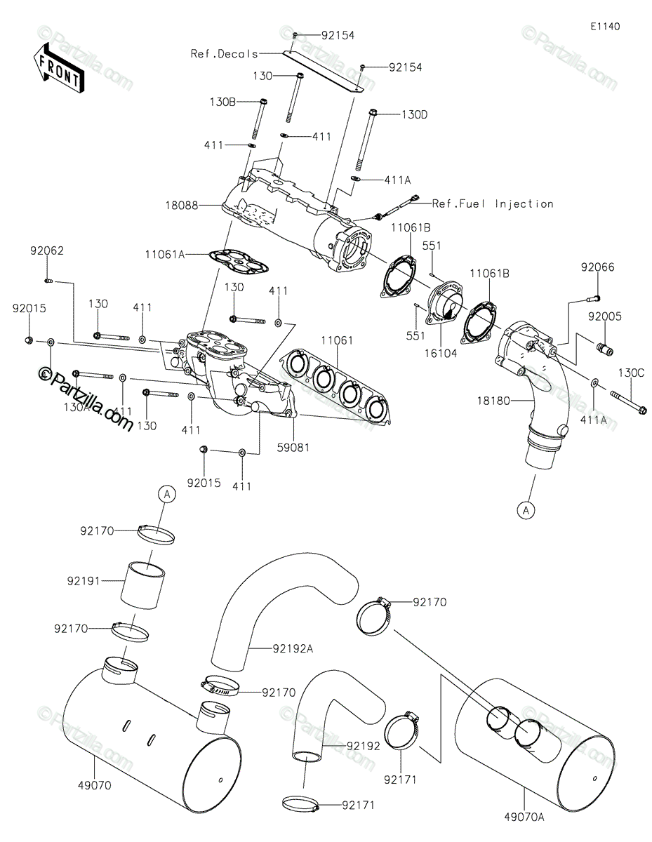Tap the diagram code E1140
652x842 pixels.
605,27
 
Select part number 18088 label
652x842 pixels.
182,206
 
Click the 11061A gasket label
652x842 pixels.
165,255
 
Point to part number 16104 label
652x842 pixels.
441,353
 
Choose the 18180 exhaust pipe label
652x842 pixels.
493,401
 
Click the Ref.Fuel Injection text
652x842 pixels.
493,203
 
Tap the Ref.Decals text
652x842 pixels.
225,53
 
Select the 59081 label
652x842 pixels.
293,448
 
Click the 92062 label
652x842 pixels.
47,250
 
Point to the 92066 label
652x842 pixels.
597,267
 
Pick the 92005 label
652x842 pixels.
605,316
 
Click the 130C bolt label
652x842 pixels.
631,373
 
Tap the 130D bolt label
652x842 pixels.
415,114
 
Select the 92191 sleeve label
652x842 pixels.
84,592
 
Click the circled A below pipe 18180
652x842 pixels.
526,510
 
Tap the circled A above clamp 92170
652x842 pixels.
167,494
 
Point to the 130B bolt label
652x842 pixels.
222,102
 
